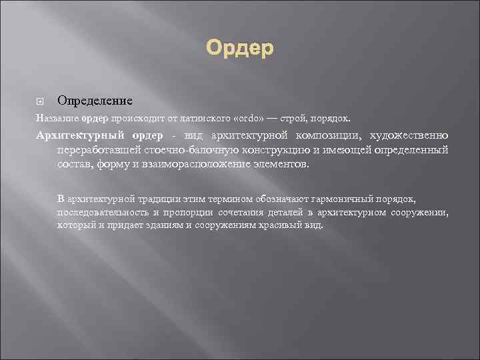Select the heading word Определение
(95, 101)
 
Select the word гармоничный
(355, 199)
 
